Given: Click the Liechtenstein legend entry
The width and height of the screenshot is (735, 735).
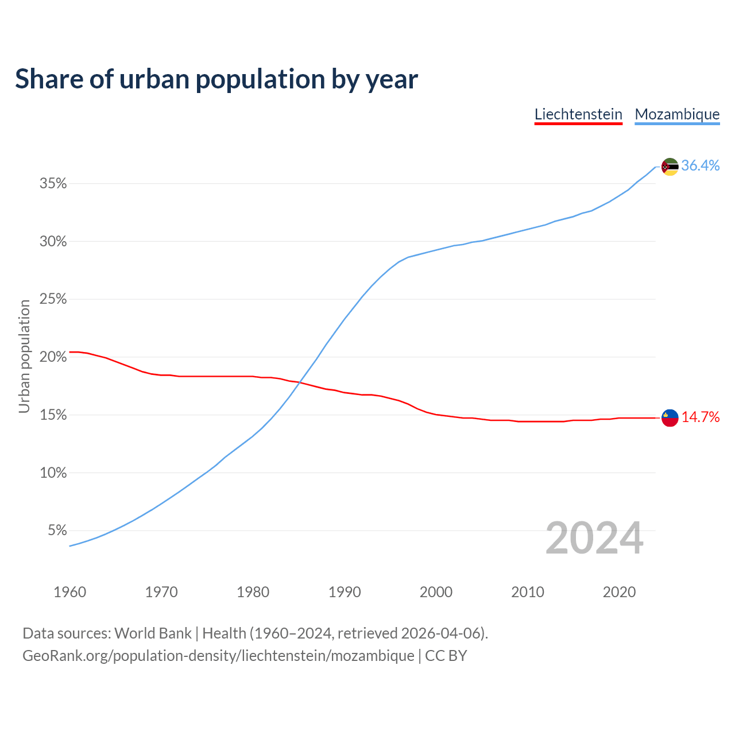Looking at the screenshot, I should point(578,114).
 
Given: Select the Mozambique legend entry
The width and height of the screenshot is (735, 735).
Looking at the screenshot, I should point(677,114).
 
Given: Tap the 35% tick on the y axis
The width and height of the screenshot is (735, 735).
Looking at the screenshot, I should point(53,184).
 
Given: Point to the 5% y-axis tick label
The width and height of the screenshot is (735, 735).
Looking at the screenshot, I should point(57,531).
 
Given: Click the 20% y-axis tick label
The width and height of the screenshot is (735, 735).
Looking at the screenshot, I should point(53,357).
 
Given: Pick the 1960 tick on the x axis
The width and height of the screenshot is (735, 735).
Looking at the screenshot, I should point(69,592).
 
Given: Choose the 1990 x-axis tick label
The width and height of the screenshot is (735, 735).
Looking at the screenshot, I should point(345,592).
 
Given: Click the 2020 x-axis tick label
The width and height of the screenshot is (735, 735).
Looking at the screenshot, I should point(619,592).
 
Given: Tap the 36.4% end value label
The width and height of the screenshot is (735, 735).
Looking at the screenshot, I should point(700,166).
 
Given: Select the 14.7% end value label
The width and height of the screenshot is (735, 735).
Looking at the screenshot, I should point(700,417).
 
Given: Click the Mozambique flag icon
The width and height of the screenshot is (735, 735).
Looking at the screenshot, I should point(670,167).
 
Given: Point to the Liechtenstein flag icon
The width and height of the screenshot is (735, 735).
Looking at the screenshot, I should point(670,418).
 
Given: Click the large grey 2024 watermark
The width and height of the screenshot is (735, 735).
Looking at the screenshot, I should point(594,538).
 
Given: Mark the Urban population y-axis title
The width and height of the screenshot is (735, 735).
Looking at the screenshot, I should point(24,357).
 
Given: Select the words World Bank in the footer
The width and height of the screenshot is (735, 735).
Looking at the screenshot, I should point(153,633).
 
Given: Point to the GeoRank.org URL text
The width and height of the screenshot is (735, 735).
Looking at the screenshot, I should point(218,656).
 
